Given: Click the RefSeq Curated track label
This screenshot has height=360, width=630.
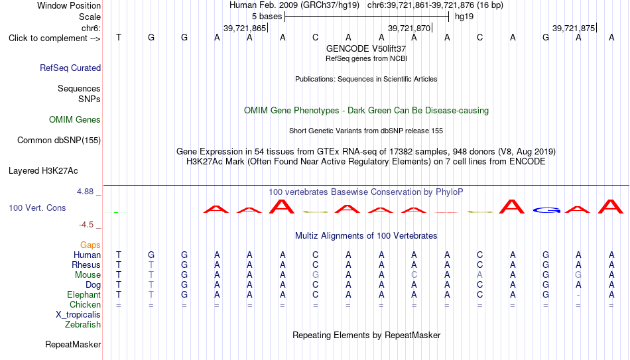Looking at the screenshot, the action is (70, 68).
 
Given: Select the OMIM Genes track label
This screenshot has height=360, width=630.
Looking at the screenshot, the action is (75, 120).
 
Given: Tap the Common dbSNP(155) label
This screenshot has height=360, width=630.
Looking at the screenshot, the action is (59, 141).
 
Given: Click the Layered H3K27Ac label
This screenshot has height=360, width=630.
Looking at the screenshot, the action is (43, 171).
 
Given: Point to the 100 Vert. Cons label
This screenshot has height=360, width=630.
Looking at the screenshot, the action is (37, 208).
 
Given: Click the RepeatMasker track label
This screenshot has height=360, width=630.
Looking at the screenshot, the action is (73, 344).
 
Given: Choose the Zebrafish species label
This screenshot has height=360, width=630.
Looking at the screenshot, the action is (83, 324).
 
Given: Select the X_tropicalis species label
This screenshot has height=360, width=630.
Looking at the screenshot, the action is (78, 315).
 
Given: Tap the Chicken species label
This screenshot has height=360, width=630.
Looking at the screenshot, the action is (85, 304).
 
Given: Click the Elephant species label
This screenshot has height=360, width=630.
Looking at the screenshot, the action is (84, 294).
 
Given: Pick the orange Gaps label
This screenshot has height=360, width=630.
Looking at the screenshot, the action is (90, 245).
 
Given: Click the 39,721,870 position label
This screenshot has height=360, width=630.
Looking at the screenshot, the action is (409, 28).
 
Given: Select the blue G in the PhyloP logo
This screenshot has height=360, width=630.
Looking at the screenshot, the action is (546, 210).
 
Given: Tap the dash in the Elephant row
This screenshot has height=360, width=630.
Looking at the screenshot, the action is (578, 295).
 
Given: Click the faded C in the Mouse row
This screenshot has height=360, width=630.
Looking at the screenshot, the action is (414, 275).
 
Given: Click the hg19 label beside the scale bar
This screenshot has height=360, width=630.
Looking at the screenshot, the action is (464, 17).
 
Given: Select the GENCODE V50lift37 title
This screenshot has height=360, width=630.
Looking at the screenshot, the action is (366, 48).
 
